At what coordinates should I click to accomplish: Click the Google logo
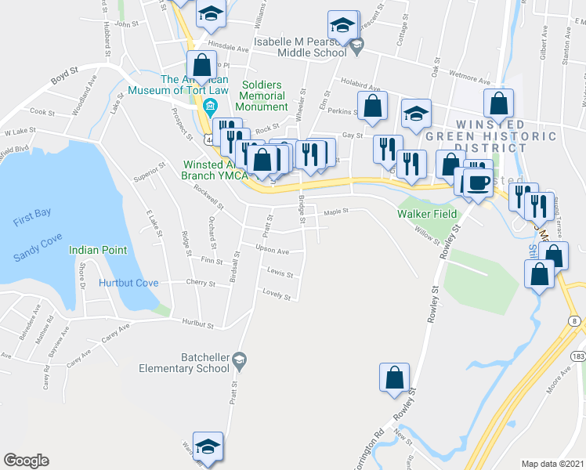pyautogui.click(x=26, y=461)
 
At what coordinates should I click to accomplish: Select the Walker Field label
pyautogui.click(x=426, y=213)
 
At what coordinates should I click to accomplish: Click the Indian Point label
pyautogui.click(x=98, y=250)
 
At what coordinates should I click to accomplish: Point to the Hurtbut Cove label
pyautogui.click(x=128, y=283)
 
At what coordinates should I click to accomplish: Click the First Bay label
pyautogui.click(x=32, y=222)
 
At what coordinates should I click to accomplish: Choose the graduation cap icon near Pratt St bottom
pyautogui.click(x=208, y=447)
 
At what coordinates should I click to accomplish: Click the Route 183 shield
pyautogui.click(x=578, y=356)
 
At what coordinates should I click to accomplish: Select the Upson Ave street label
pyautogui.click(x=273, y=251)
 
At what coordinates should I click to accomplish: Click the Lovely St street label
pyautogui.click(x=277, y=295)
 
